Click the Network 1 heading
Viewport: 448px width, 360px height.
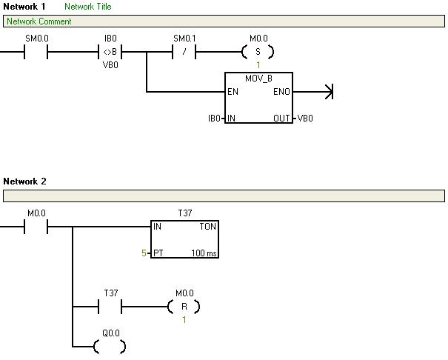pos(24,7)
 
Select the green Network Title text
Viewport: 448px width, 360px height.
pos(87,7)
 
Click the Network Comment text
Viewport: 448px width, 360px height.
pos(39,21)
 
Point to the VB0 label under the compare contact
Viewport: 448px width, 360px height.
pos(110,65)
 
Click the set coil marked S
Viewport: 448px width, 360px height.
pos(258,52)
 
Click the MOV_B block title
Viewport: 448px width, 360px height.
pos(258,79)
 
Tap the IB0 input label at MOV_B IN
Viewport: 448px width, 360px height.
pos(214,118)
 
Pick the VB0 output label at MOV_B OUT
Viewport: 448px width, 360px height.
pos(305,118)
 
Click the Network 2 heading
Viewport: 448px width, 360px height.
pos(24,181)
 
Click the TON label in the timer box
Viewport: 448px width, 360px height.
pos(207,227)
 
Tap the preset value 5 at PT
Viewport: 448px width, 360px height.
pos(144,253)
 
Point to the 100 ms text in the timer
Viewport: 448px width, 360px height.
pos(204,253)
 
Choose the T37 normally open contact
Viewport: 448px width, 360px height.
pos(110,306)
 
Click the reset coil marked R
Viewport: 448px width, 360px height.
pos(184,306)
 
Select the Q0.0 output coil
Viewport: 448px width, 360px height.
pos(110,346)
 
